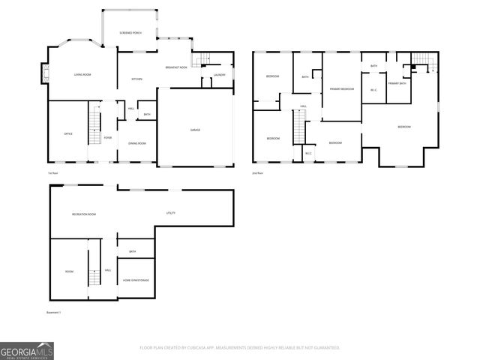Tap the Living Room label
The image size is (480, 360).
click(x=82, y=74)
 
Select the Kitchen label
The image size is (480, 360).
click(x=137, y=79)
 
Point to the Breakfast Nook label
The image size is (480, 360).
click(x=176, y=68)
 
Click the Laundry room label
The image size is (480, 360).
click(x=219, y=75)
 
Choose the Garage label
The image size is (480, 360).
click(x=195, y=130)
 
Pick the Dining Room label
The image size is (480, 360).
click(x=136, y=143)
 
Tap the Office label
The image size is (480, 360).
click(x=68, y=133)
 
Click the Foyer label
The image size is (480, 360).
click(x=108, y=138)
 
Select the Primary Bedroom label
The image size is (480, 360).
click(x=341, y=88)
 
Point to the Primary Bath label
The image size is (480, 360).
click(x=397, y=83)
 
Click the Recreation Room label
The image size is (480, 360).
click(x=84, y=214)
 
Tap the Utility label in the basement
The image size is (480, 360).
click(x=170, y=214)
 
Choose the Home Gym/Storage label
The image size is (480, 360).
click(x=136, y=280)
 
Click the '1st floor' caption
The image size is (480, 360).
click(x=52, y=174)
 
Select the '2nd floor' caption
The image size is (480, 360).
click(x=259, y=174)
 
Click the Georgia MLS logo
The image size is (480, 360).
click(x=27, y=349)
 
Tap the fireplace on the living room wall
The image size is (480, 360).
click(x=44, y=73)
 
